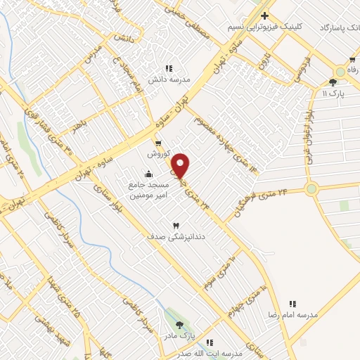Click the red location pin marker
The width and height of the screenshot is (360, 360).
[181, 165]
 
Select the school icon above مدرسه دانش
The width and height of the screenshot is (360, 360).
[169, 68]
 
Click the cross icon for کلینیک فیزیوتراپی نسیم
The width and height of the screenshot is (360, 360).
[264, 15]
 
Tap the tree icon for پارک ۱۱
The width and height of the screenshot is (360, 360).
[333, 82]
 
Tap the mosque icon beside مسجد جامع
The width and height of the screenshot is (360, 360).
[148, 174]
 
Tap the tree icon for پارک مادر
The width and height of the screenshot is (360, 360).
[179, 325]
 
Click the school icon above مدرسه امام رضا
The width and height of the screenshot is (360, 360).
[293, 304]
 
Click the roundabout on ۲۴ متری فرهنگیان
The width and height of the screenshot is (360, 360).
[311, 188]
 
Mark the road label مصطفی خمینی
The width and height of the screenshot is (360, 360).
[186, 15]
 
